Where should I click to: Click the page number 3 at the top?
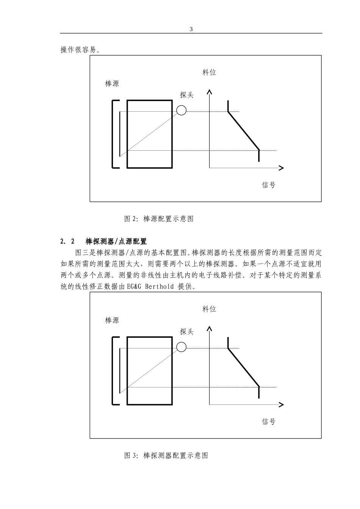(191, 29)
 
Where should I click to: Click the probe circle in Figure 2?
(182, 110)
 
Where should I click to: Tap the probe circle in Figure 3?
(182, 347)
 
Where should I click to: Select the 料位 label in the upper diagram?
(209, 72)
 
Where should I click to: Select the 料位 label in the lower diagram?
(209, 309)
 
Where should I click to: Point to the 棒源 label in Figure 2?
(112, 84)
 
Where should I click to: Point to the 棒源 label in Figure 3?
(112, 320)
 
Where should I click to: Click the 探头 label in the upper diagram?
(187, 95)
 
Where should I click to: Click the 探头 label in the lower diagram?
(187, 332)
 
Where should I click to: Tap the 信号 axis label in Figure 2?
(269, 185)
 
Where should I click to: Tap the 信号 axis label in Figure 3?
(269, 422)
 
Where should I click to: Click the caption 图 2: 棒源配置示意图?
(159, 219)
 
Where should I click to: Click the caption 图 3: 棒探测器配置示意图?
(166, 456)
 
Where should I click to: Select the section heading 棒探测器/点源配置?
(116, 241)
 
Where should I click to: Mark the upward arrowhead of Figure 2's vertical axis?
(209, 92)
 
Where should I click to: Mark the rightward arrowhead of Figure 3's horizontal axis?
(281, 405)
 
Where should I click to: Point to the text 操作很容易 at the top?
(80, 50)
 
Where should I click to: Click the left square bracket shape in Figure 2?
(113, 134)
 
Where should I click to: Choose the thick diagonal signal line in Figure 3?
(243, 367)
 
